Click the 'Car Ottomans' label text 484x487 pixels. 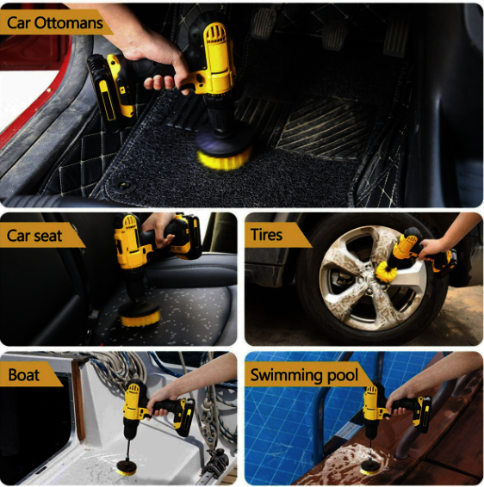coord(55,22)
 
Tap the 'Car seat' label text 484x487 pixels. coord(34,236)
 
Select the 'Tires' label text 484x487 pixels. coord(267,235)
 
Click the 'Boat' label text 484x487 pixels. coord(24,374)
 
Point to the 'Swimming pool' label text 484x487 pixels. coord(304,375)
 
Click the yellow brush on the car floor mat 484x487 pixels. coord(223,159)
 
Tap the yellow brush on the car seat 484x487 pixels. coord(140,320)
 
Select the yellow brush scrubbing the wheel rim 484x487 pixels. coord(387,270)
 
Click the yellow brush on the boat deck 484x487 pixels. coord(127,472)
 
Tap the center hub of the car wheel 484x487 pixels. coord(369,291)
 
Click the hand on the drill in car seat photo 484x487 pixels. coord(158,228)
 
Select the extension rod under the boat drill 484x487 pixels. coord(128,450)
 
